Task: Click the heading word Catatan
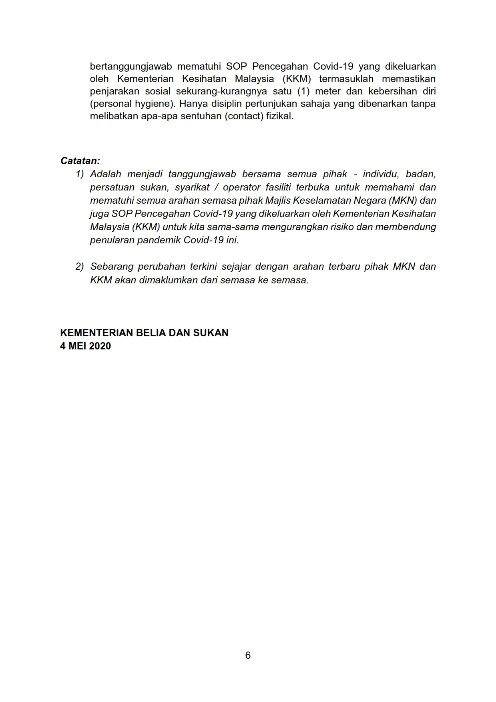pos(80,161)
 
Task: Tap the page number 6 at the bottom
pos(248,655)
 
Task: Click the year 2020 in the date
pos(100,346)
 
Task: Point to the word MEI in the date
pos(77,346)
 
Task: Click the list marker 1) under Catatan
pos(80,174)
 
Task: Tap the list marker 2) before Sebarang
pos(80,267)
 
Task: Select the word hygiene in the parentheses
pos(154,104)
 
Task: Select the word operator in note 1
pos(241,187)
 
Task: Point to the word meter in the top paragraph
pos(327,92)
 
